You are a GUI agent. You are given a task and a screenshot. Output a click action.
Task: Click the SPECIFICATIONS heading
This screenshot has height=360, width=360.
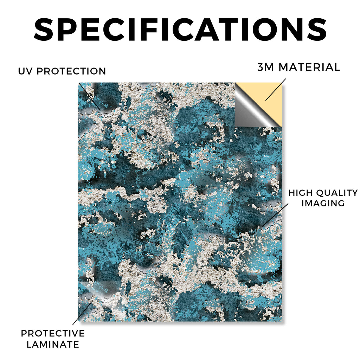point(180,30)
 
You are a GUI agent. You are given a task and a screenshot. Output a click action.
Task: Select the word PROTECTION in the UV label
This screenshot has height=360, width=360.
point(71,71)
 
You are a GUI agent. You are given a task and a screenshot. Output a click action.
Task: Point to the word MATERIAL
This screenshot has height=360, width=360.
point(309,67)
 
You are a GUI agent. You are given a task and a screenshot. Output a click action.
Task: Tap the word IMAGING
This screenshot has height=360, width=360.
point(323,203)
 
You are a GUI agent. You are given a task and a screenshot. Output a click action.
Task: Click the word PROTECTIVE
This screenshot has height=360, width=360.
point(53,333)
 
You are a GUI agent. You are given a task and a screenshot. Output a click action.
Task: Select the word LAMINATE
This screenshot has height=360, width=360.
point(53,345)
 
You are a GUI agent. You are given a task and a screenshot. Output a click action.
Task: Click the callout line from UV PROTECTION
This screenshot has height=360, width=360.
point(89,96)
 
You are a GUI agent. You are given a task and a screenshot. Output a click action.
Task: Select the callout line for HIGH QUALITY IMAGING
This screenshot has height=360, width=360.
point(275,215)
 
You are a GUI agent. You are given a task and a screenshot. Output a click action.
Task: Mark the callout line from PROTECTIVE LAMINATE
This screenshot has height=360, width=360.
point(83,313)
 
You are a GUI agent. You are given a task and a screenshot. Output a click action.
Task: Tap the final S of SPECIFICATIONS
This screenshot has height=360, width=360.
point(317,30)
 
